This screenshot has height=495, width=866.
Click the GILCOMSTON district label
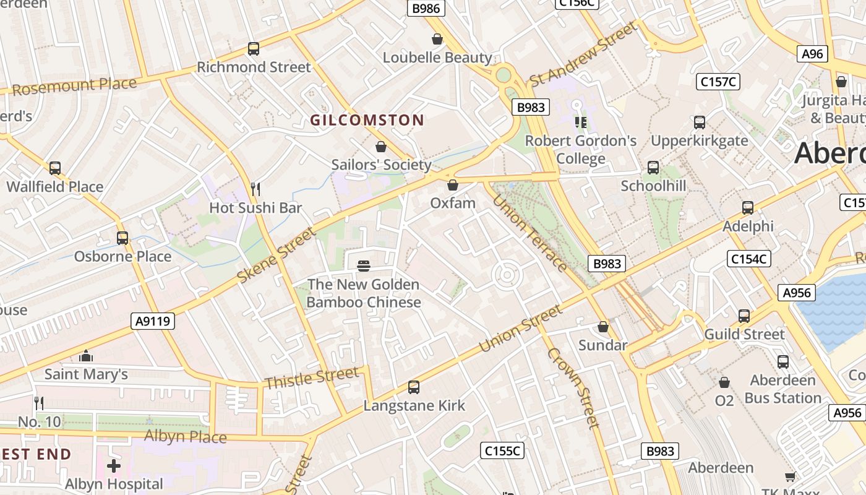click(x=367, y=120)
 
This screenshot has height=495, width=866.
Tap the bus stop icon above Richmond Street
click(x=253, y=49)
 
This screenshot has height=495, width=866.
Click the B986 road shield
click(x=426, y=8)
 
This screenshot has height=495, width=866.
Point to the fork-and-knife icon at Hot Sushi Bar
click(x=255, y=189)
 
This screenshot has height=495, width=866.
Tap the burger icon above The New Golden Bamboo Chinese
click(x=364, y=266)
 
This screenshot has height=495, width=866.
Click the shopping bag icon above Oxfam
click(x=453, y=185)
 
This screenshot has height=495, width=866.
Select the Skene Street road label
click(x=277, y=256)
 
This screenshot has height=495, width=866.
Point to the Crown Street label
click(x=573, y=387)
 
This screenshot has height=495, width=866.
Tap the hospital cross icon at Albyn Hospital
click(x=114, y=465)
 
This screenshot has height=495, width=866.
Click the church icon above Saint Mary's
click(x=86, y=356)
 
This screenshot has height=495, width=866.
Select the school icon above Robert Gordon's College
click(x=580, y=123)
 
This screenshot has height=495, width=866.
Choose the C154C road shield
click(x=748, y=259)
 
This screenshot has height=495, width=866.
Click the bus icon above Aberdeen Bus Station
click(x=783, y=362)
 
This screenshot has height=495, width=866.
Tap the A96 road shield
click(x=812, y=54)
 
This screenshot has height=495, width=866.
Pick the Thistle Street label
click(x=311, y=378)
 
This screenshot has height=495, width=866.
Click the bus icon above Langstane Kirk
click(x=414, y=387)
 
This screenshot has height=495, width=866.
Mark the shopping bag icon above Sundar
click(x=603, y=327)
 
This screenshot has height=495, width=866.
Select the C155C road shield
click(x=502, y=450)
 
